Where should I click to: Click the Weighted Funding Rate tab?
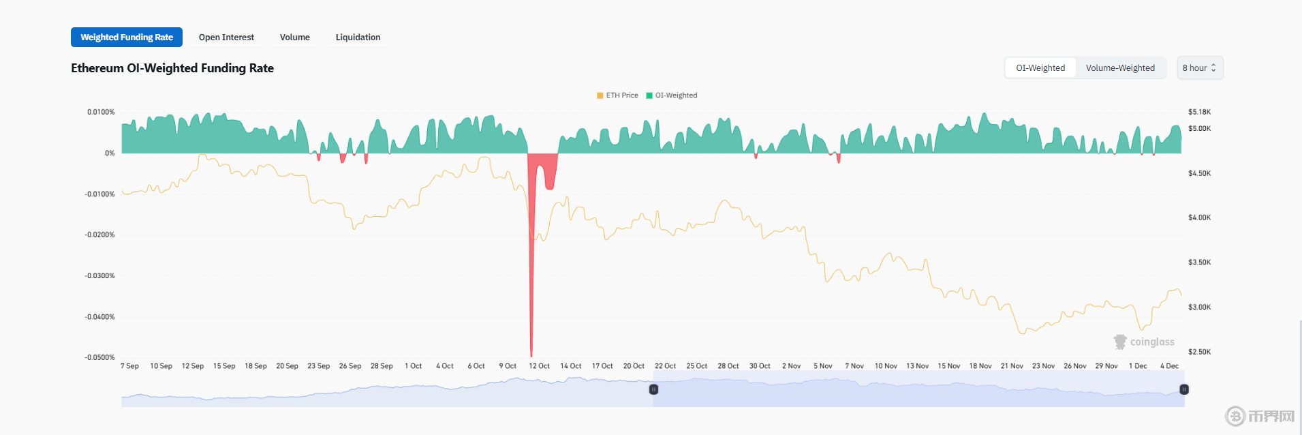tap(127, 37)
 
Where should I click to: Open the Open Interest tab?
tap(226, 37)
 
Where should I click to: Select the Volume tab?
tap(294, 37)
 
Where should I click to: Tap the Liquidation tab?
tap(358, 37)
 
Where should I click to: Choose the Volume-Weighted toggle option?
tap(1120, 68)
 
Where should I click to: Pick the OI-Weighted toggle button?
tap(1040, 68)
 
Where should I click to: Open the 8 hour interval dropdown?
tap(1200, 68)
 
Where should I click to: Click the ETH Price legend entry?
tap(618, 95)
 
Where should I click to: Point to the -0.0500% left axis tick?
tap(100, 357)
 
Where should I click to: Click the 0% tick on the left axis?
tap(110, 153)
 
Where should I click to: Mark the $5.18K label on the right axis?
tap(1199, 112)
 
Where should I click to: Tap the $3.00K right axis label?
tap(1199, 307)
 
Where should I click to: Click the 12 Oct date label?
tap(539, 366)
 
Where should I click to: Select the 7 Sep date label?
tap(129, 366)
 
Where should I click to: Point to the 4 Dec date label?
tap(1169, 366)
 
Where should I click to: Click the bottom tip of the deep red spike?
tap(531, 355)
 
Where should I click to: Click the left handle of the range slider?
tap(653, 389)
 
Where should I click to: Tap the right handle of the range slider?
tap(1184, 389)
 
